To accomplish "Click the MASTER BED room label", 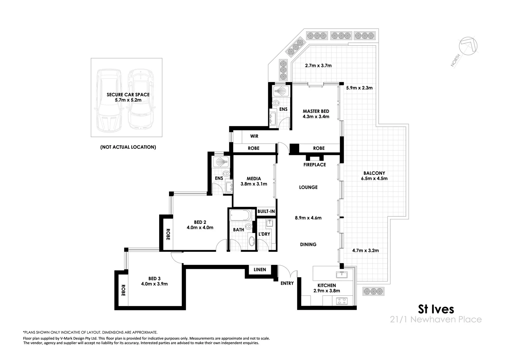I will click(x=316, y=111).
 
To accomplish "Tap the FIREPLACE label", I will click(x=315, y=165).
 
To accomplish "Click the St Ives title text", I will click(x=436, y=309).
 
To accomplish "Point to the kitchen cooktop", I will click(x=341, y=301).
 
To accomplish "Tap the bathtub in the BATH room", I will click(x=240, y=215).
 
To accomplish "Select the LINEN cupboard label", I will click(x=260, y=270).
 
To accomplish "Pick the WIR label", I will click(x=254, y=136).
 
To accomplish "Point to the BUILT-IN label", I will click(x=266, y=211).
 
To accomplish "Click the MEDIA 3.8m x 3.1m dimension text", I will click(x=254, y=184).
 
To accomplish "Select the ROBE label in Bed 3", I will click(x=123, y=290).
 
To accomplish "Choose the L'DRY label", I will click(x=264, y=234).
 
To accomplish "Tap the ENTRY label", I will click(x=287, y=283).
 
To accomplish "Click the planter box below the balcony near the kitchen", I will click(x=375, y=291).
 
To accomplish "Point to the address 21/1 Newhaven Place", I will click(x=436, y=320).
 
